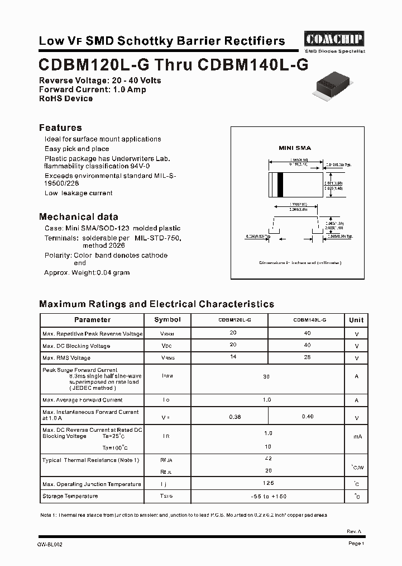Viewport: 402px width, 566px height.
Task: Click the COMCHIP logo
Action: pyautogui.click(x=334, y=39)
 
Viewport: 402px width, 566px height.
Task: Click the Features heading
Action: pyautogui.click(x=60, y=128)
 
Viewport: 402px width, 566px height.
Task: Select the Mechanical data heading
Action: pyautogui.click(x=78, y=216)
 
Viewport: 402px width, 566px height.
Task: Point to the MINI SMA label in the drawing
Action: pyautogui.click(x=295, y=148)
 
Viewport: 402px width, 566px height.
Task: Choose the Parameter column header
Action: pyautogui.click(x=92, y=320)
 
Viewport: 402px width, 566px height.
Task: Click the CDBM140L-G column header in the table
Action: pyautogui.click(x=309, y=320)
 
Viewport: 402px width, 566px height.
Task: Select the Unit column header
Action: pyautogui.click(x=356, y=320)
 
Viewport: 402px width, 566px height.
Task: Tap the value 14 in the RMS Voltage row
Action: pyautogui.click(x=233, y=357)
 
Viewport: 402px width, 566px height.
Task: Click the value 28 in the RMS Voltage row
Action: pyautogui.click(x=307, y=357)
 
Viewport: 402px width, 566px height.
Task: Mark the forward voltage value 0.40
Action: pyautogui.click(x=307, y=417)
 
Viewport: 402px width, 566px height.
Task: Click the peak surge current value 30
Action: pyautogui.click(x=266, y=376)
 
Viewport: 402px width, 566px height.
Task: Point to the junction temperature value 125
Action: pyautogui.click(x=269, y=483)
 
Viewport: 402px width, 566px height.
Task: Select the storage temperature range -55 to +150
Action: pyautogui.click(x=268, y=496)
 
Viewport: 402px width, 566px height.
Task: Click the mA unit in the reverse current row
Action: pyautogui.click(x=356, y=436)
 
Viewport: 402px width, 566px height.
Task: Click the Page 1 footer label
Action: pyautogui.click(x=356, y=544)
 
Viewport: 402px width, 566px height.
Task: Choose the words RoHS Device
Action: pyautogui.click(x=66, y=98)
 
